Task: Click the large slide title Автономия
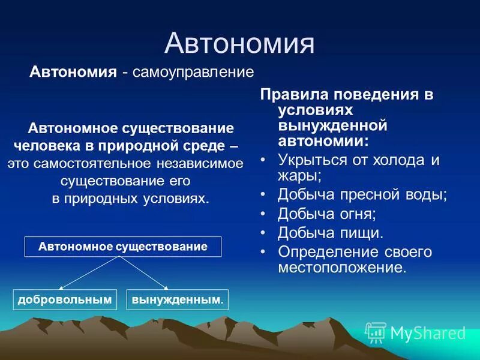(x=239, y=43)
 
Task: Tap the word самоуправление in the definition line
(x=193, y=72)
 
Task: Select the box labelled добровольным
(x=65, y=299)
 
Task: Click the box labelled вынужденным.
(x=178, y=299)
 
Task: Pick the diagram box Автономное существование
(x=123, y=247)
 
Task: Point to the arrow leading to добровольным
(x=89, y=273)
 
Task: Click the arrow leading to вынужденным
(x=144, y=273)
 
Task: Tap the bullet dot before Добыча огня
(x=263, y=214)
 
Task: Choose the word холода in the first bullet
(x=398, y=160)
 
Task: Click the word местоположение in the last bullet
(x=342, y=268)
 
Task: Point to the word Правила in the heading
(x=295, y=95)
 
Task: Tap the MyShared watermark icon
(x=376, y=332)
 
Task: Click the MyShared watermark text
(x=428, y=333)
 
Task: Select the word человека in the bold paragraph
(x=48, y=146)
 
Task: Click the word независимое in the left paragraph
(x=200, y=163)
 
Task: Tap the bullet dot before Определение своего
(x=263, y=252)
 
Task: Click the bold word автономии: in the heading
(x=323, y=142)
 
